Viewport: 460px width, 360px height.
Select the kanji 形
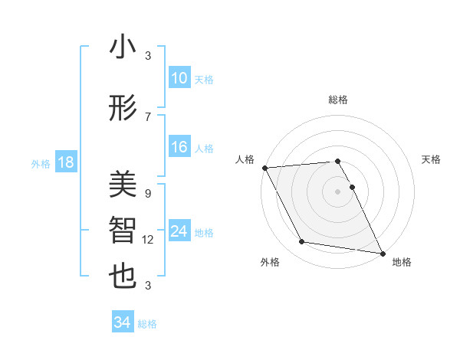click(123, 107)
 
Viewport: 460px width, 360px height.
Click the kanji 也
click(123, 277)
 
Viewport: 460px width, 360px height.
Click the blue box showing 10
click(179, 77)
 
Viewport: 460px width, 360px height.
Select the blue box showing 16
click(179, 147)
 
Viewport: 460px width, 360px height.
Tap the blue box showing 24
click(179, 231)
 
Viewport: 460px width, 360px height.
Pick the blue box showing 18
click(65, 162)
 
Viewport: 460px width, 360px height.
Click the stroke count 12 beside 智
click(148, 240)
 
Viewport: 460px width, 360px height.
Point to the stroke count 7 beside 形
click(148, 116)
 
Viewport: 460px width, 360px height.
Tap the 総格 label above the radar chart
click(338, 100)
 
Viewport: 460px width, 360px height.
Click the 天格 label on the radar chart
click(431, 159)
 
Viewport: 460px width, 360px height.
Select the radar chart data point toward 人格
click(264, 168)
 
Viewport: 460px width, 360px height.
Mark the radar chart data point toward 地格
click(382, 253)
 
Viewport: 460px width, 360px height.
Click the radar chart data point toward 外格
click(302, 242)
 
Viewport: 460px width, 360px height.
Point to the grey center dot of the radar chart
click(338, 191)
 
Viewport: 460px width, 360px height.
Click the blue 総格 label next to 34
click(147, 324)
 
